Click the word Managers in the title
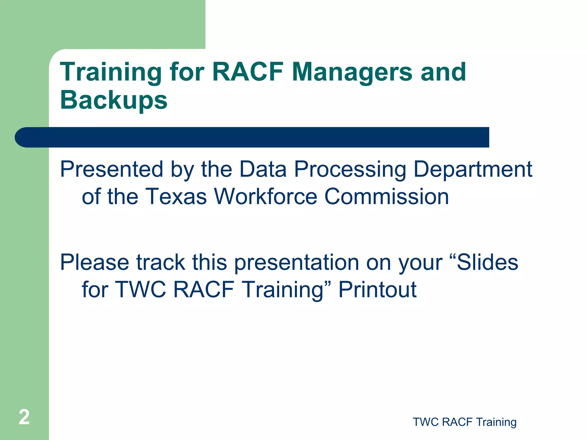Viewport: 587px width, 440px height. pyautogui.click(x=352, y=72)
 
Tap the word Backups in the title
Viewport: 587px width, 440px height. pyautogui.click(x=114, y=100)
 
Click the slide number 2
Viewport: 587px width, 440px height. pyautogui.click(x=24, y=417)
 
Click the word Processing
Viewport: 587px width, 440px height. pyautogui.click(x=350, y=170)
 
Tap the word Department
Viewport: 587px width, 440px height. pyautogui.click(x=473, y=170)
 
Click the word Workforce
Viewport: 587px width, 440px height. pyautogui.click(x=266, y=197)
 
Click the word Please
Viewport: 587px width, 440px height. pyautogui.click(x=95, y=262)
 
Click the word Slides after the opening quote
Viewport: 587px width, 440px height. pyautogui.click(x=487, y=262)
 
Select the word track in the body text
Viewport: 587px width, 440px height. pyautogui.click(x=161, y=262)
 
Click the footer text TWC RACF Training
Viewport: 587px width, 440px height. pyautogui.click(x=465, y=422)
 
